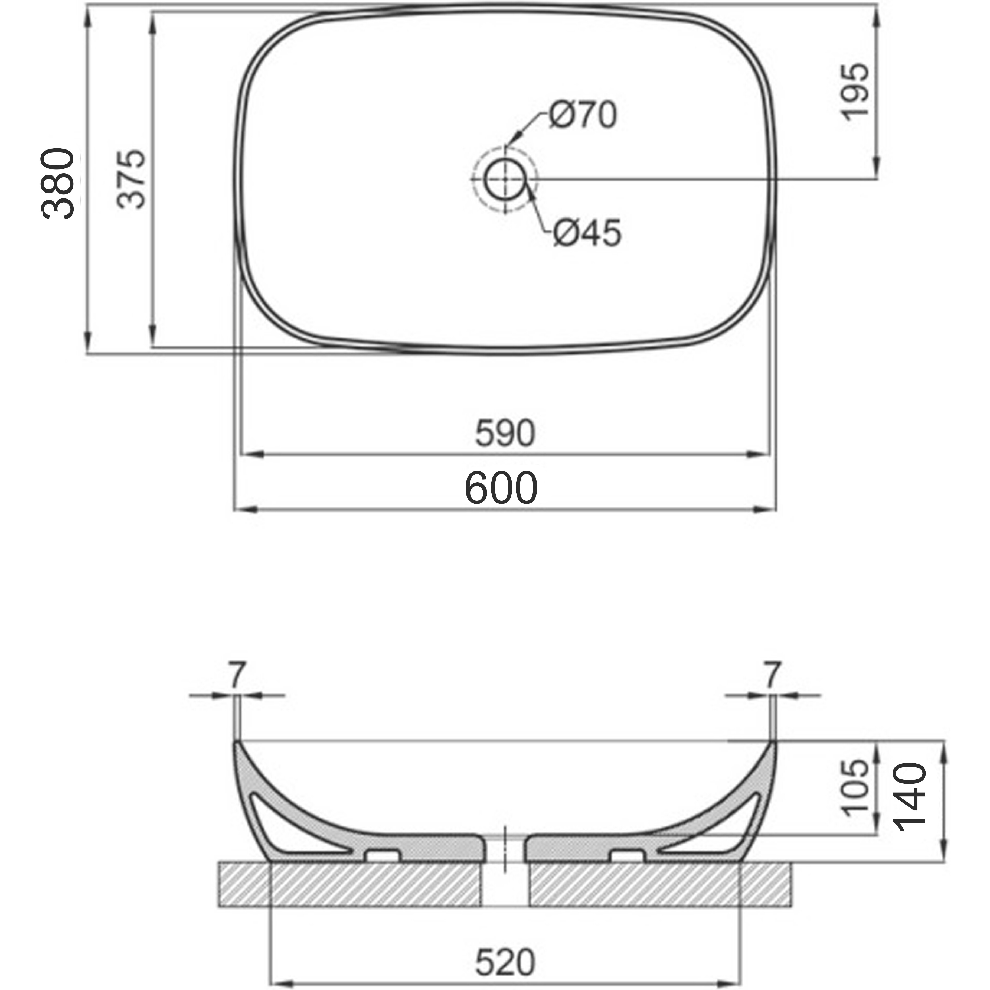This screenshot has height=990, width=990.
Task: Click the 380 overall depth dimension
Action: coord(57,184)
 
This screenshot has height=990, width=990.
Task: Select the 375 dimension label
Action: coord(131,178)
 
